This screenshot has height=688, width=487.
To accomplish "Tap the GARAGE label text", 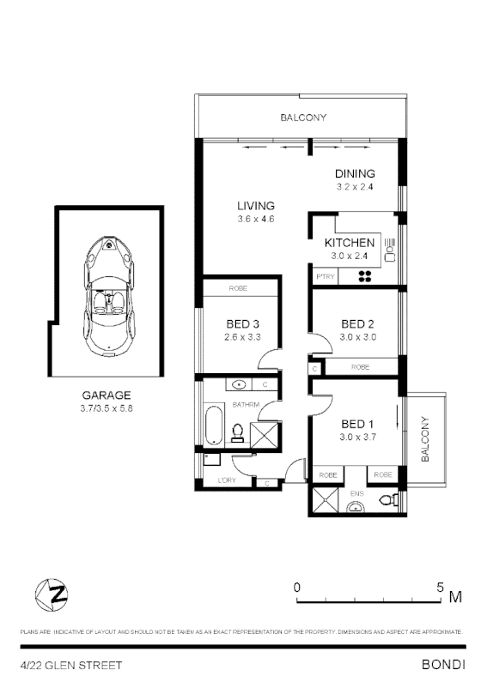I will [107, 395].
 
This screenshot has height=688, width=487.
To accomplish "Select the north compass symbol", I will [52, 593].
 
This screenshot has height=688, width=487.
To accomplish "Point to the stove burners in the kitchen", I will [364, 276].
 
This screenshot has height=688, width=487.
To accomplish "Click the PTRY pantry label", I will [325, 276].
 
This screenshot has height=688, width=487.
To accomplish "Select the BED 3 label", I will [243, 323].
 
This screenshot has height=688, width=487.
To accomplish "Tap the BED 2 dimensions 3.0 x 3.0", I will [357, 337].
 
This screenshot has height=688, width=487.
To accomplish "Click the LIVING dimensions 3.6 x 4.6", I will [256, 220].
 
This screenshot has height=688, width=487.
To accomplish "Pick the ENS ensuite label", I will [356, 492].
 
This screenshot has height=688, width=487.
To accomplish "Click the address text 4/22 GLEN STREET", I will [71, 665].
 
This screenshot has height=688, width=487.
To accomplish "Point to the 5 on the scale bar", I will [440, 588].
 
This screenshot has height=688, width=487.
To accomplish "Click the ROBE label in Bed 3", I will [239, 289].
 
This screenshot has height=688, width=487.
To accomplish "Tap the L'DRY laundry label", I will [227, 480].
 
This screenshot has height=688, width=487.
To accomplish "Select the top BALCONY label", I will [303, 118].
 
